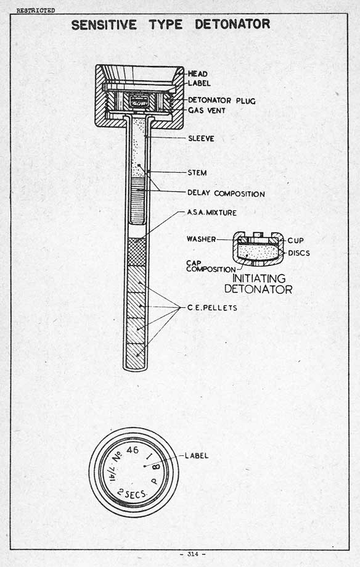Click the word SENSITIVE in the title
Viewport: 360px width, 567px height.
coord(104,25)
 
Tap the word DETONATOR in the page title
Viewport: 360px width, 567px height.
coord(232,24)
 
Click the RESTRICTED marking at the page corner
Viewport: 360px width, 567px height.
coord(35,10)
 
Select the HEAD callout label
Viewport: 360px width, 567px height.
coord(198,74)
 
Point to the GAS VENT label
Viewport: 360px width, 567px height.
coord(207,110)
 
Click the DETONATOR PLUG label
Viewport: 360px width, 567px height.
coord(221,101)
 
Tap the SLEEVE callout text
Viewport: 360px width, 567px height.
coord(201,138)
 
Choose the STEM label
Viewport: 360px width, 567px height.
coord(197,173)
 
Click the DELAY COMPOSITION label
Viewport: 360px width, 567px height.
coord(226,194)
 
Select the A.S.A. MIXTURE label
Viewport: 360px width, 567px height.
coord(211,213)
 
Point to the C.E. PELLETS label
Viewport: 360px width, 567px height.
coord(212,308)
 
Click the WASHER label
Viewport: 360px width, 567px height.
coord(202,239)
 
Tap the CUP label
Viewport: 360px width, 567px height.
coord(296,241)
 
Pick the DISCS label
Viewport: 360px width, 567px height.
coord(299,253)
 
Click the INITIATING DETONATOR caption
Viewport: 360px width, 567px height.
coord(258,284)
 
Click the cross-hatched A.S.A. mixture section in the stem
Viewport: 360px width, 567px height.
coord(137,252)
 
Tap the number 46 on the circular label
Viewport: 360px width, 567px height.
coord(133,450)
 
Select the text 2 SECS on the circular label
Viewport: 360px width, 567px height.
coord(133,493)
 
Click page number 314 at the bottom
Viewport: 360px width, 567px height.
coord(193,554)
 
